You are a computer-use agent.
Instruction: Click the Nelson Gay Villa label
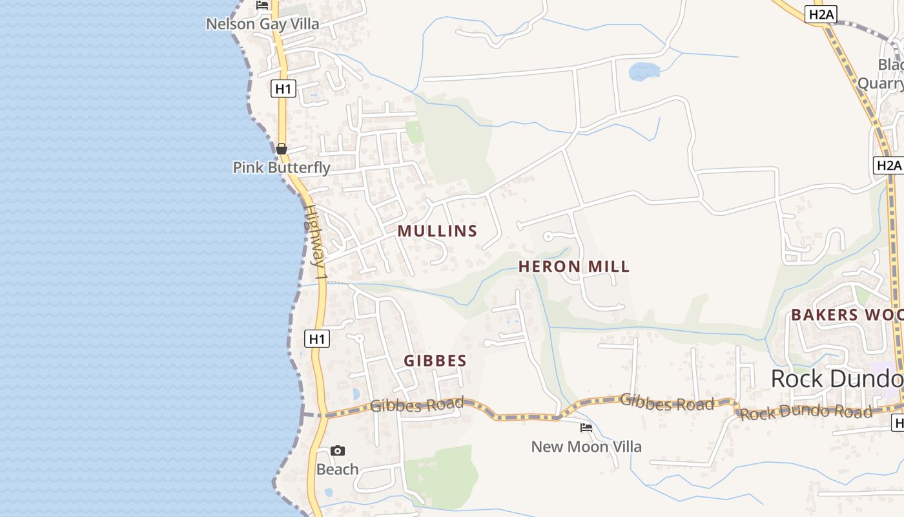click(x=262, y=25)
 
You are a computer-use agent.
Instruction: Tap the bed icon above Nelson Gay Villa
click(x=262, y=5)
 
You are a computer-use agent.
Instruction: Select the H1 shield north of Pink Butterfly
click(x=283, y=89)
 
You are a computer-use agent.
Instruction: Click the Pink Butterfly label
click(x=282, y=167)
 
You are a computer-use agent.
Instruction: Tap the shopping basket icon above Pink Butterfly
click(x=282, y=149)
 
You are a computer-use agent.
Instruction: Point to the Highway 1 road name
click(x=317, y=244)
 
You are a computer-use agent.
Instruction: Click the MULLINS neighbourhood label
click(x=437, y=231)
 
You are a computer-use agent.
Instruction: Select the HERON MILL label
click(x=573, y=266)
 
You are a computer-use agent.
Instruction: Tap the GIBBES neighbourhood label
click(x=435, y=361)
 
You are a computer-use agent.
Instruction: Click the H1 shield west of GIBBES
click(x=316, y=339)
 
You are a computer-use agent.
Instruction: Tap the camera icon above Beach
click(x=337, y=450)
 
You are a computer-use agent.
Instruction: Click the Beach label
click(x=337, y=469)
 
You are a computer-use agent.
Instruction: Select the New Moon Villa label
click(x=586, y=447)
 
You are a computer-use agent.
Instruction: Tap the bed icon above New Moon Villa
click(x=586, y=427)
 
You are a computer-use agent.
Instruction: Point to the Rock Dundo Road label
click(x=806, y=412)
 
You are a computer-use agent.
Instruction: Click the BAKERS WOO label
click(x=847, y=315)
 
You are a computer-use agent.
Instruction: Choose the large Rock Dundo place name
click(x=837, y=378)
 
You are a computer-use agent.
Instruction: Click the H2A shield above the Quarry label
click(x=821, y=15)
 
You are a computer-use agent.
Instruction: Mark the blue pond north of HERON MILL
click(x=644, y=71)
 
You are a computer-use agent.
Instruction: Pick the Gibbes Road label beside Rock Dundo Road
click(x=667, y=402)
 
